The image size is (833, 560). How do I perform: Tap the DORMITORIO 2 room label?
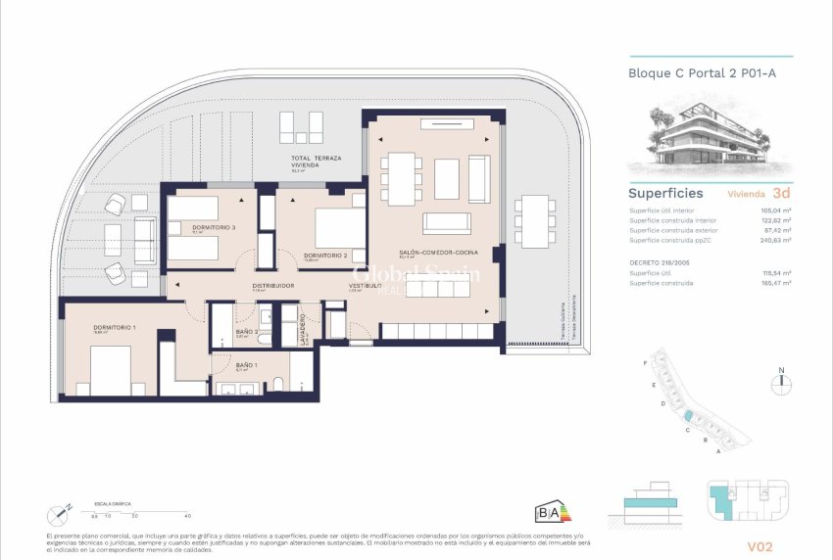coord(325,256)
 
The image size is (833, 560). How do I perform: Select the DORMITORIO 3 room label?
coord(215,227)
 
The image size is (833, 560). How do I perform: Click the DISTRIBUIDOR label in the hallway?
coord(272,285)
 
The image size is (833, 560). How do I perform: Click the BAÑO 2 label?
coord(246,332)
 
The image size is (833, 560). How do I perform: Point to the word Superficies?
coord(665,193)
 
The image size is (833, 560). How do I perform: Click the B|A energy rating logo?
coord(549,512)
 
